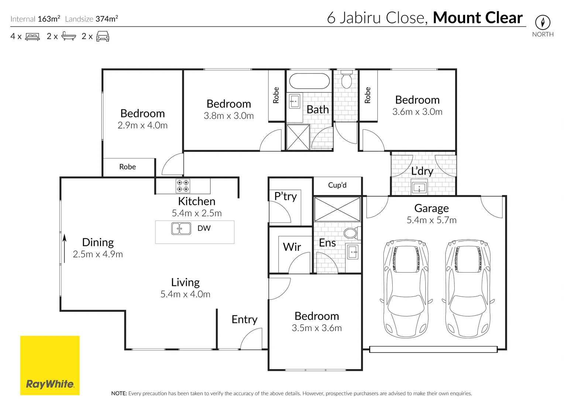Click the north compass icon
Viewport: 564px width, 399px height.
point(543,23)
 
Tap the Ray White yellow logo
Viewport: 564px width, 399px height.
point(50,365)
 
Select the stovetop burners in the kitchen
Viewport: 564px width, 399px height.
point(183,186)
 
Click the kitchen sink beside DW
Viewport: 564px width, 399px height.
point(181,229)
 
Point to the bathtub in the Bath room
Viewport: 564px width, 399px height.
point(309,81)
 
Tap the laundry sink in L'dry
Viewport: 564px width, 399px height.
point(419,188)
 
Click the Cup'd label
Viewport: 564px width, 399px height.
point(337,185)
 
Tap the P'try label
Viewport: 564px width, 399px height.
point(285,196)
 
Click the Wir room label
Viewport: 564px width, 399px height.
point(292,247)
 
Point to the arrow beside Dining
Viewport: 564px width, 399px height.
point(65,248)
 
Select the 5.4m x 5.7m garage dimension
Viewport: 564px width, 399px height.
point(431,220)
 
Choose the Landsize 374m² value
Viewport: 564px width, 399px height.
point(107,19)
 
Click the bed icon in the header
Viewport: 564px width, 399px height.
point(32,37)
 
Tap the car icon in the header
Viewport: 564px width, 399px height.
point(103,37)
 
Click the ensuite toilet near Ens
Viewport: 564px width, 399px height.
point(350,233)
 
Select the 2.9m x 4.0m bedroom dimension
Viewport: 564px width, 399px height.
point(142,126)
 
